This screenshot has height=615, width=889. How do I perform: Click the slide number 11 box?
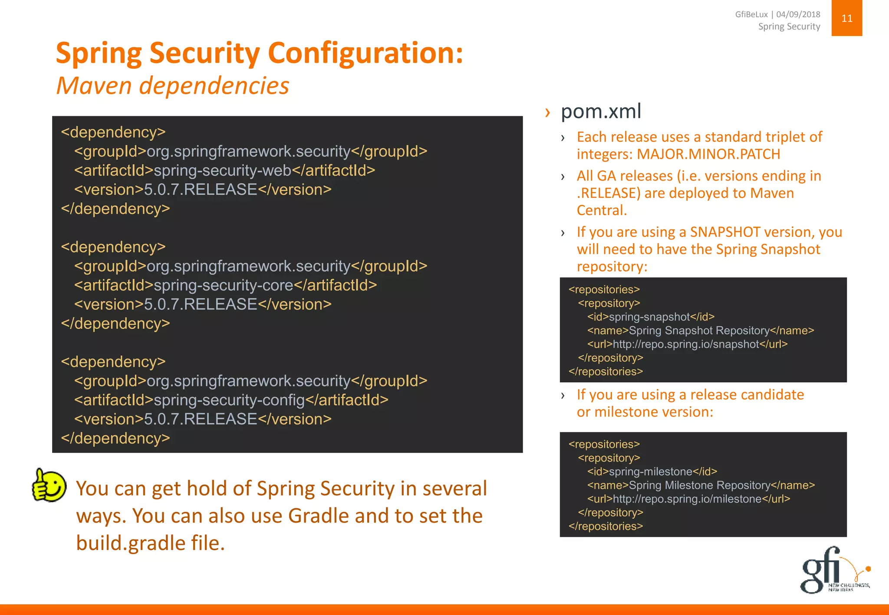coord(846,18)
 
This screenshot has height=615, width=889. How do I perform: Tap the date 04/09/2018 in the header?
coord(798,14)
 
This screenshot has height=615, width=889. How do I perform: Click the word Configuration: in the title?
coord(365,53)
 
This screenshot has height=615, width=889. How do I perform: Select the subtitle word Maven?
coord(94,85)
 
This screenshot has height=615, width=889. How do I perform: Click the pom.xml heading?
coord(601,111)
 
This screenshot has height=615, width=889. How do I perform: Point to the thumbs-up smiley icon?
coord(49,486)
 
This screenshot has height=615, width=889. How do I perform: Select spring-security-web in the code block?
coord(223,170)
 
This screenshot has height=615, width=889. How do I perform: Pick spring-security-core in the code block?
coord(224,285)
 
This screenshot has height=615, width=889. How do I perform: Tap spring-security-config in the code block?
coord(230,400)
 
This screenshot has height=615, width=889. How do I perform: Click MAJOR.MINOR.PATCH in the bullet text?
coord(708,154)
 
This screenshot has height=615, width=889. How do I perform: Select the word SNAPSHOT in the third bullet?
coord(725,232)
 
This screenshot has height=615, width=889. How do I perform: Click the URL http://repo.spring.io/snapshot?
coord(686,344)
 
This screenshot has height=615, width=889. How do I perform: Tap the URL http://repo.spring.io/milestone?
coord(687,499)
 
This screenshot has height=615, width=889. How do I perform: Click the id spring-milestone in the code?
coord(651,471)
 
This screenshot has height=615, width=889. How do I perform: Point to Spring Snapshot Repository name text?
coord(699,330)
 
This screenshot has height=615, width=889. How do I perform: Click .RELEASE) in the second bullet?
coord(609,193)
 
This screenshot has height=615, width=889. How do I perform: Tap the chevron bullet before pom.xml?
coord(548,113)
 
